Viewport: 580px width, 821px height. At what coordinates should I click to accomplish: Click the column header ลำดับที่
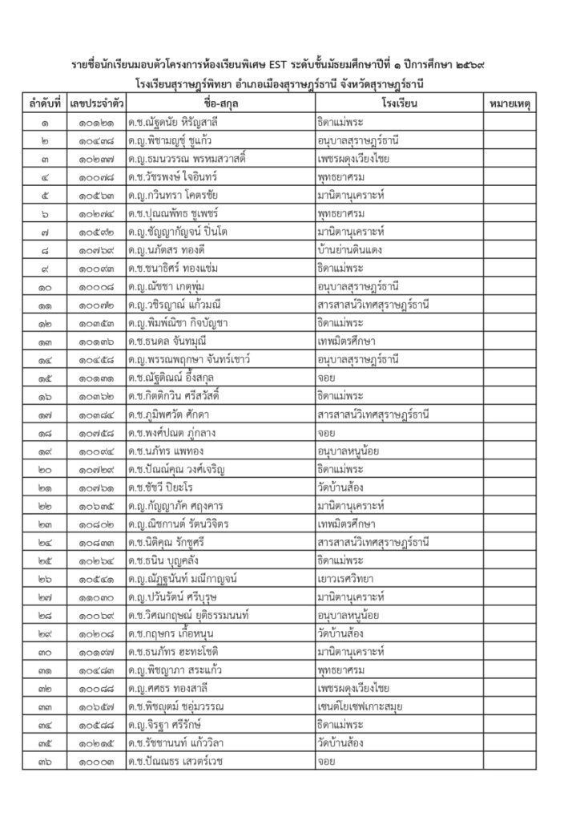44,105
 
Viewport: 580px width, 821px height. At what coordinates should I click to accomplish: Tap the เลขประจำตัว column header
96,105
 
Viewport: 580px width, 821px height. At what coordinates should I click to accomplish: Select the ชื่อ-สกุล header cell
218,105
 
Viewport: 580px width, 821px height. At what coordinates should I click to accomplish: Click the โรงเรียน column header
397,105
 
